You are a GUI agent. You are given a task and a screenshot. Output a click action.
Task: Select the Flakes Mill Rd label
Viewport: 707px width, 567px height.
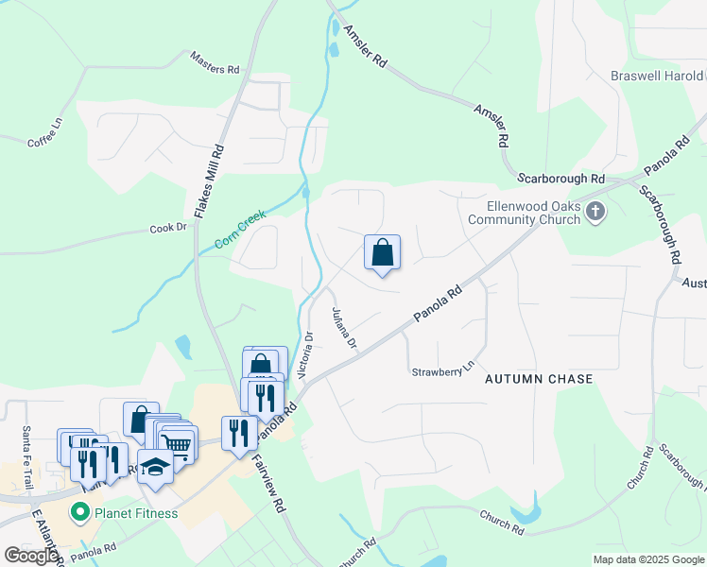pos(209,181)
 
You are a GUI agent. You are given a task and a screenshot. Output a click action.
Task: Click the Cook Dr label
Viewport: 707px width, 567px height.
pos(168,229)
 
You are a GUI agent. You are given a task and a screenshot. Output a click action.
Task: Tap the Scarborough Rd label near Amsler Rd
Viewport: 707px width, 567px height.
pos(560,178)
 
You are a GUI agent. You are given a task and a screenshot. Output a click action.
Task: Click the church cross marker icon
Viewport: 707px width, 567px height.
pos(595,212)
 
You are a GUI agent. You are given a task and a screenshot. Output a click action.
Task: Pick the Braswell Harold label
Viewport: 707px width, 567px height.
pos(658,76)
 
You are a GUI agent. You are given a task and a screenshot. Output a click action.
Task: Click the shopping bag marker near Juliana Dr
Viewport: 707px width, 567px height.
pos(382,252)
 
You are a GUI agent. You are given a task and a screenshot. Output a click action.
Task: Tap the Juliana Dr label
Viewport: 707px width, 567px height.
pos(343,328)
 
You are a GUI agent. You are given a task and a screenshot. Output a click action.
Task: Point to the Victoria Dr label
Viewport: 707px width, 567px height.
pos(304,354)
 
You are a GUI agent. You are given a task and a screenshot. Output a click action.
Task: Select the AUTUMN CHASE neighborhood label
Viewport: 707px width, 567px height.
pos(539,379)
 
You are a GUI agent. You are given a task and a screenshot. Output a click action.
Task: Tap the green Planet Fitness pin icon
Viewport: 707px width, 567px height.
pos(79,514)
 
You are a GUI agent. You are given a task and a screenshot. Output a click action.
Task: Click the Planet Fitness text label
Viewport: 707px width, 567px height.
pos(135,514)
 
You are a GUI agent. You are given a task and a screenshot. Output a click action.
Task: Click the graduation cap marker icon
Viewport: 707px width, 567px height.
pos(156,467)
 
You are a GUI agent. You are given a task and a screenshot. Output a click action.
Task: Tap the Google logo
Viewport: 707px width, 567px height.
pos(31,555)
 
